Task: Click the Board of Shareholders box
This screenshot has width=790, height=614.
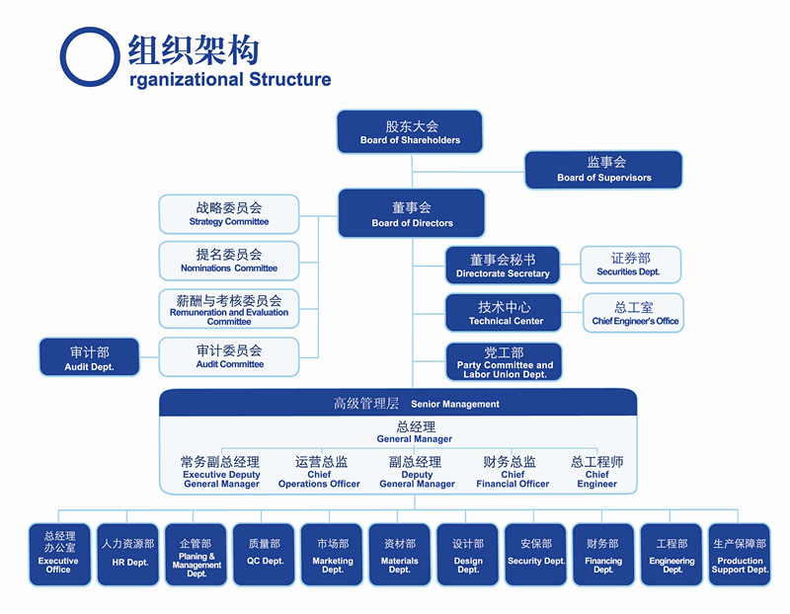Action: (410, 132)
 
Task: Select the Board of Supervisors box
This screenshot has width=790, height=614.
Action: (603, 170)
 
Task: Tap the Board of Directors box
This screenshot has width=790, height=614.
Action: (412, 214)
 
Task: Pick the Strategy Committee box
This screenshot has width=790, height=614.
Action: (229, 214)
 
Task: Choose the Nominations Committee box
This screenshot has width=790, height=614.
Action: (229, 261)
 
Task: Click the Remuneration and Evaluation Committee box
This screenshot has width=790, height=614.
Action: (229, 309)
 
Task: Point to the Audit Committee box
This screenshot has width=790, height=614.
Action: (229, 356)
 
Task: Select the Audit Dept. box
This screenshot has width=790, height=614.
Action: (90, 357)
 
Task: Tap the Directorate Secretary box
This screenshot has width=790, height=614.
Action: (503, 266)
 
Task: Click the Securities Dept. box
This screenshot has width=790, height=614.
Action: (630, 265)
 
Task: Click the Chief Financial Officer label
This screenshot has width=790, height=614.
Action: (512, 472)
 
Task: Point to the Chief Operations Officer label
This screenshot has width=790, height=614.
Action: (320, 472)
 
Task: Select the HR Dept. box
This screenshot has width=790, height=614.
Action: (128, 554)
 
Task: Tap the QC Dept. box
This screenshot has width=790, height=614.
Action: (265, 554)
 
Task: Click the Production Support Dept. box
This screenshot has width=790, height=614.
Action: (740, 554)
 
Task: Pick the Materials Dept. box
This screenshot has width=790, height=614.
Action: (400, 554)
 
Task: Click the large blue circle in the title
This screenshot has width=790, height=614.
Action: (91, 55)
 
